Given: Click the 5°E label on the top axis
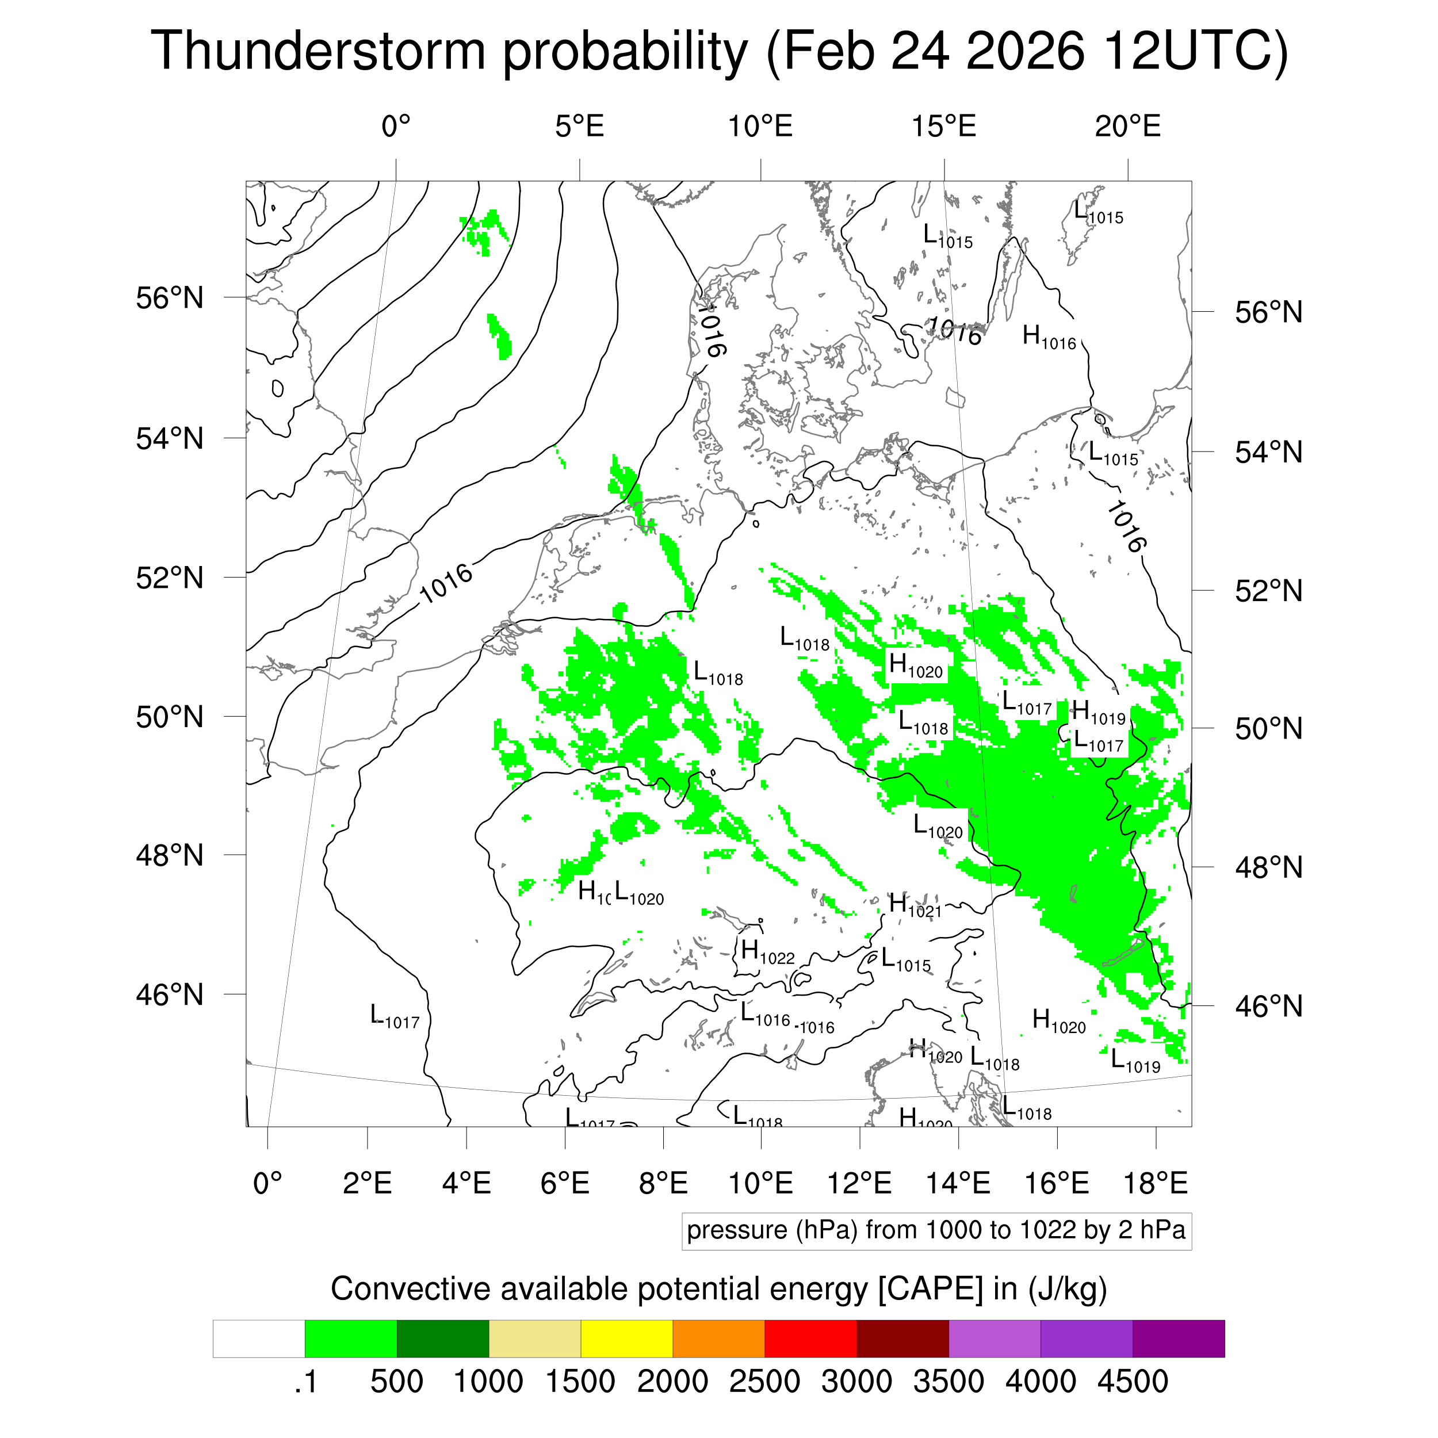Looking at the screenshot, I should click(x=579, y=127).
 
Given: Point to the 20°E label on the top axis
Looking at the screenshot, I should click(x=1127, y=127).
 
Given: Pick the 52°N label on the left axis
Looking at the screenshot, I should click(x=170, y=578).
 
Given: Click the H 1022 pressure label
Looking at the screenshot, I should click(x=767, y=952).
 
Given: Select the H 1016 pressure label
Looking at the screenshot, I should click(x=1049, y=337).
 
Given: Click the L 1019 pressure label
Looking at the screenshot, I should click(x=1135, y=1060).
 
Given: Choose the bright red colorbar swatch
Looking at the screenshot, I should click(x=810, y=1339).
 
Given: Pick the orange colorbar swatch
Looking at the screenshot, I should click(x=718, y=1339).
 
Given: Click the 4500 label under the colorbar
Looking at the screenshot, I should click(x=1132, y=1382).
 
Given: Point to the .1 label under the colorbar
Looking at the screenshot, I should click(x=305, y=1382).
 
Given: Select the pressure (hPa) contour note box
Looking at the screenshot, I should click(x=936, y=1230).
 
